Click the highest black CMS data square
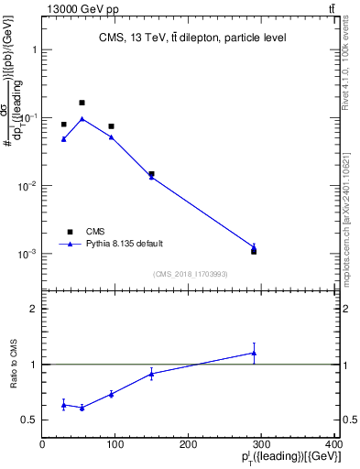(82, 103)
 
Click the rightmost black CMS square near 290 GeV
(254, 250)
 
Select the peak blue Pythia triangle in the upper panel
(82, 118)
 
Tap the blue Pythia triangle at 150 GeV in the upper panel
(151, 176)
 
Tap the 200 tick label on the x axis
(189, 444)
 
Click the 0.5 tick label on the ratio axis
(31, 420)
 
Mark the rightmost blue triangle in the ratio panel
(254, 353)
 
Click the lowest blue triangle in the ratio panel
(82, 408)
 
